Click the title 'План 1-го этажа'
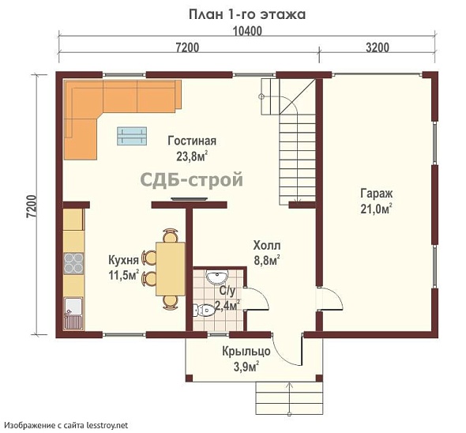[247, 14]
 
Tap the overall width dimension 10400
[247, 31]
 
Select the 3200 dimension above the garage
[377, 47]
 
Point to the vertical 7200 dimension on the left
[32, 207]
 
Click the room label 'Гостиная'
[192, 141]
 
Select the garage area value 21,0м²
[376, 209]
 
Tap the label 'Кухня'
[123, 260]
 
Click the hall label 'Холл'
[267, 246]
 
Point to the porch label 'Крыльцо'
[246, 352]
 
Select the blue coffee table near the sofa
[132, 136]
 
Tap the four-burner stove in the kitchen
[73, 263]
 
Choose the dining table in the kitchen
[171, 269]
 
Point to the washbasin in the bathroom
[216, 277]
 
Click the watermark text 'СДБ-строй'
[191, 179]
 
